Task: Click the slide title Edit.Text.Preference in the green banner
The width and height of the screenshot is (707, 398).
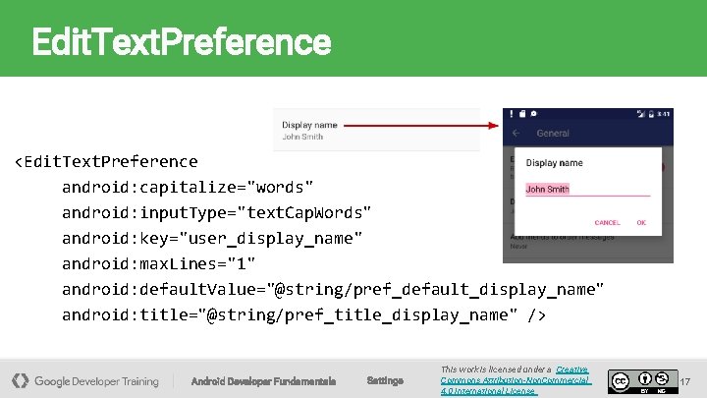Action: click(182, 42)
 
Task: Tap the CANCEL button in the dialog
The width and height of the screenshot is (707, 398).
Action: click(607, 223)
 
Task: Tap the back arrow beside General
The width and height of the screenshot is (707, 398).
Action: click(517, 133)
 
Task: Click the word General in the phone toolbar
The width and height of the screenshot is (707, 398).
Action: click(553, 133)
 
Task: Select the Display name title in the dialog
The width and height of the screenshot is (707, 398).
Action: click(555, 163)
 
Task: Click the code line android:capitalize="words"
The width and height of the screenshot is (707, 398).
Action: click(188, 187)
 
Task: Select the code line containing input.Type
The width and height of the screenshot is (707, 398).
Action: click(216, 212)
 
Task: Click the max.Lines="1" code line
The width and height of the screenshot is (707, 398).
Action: click(158, 263)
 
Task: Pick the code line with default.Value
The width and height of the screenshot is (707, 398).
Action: click(333, 289)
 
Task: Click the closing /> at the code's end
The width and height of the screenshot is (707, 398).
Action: click(535, 314)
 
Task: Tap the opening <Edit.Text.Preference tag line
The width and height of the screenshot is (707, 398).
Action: click(105, 161)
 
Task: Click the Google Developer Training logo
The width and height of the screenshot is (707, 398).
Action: click(85, 380)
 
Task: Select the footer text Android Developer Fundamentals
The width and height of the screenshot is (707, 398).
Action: click(263, 380)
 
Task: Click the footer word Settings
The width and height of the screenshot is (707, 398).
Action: click(384, 380)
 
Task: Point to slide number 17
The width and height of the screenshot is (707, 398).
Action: click(685, 380)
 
